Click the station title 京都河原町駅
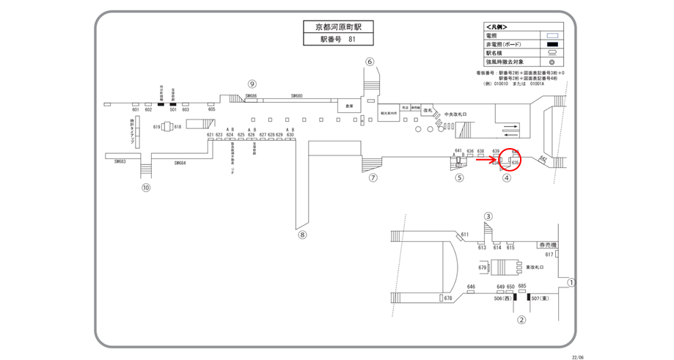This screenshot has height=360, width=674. point(338,27)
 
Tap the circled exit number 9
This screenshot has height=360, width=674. point(252,84)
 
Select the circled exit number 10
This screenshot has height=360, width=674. point(146,187)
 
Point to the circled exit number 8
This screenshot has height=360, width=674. point(302,235)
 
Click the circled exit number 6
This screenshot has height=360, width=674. point(370,62)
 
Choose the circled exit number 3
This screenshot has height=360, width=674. point(488,216)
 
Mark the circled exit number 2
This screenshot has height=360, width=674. point(521,320)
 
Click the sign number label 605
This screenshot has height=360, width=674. point(212,109)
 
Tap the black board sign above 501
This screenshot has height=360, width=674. point(173,104)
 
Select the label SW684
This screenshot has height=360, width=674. point(181,163)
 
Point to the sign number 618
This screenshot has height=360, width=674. point(177,127)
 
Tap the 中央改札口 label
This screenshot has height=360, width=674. point(455,114)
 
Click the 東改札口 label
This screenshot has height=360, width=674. point(533,268)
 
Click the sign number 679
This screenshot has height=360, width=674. point(483,268)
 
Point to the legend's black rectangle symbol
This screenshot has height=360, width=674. point(554,44)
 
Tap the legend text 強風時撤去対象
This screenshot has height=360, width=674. point(505,62)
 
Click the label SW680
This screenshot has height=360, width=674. point(297,96)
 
